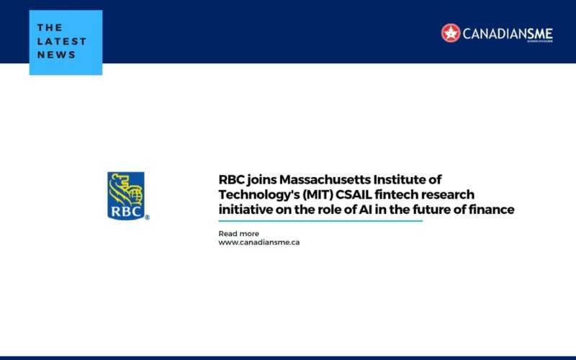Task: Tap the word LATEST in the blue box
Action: tap(61, 41)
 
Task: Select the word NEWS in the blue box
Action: tap(56, 55)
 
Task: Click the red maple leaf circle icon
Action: tap(451, 32)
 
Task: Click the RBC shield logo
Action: tap(126, 194)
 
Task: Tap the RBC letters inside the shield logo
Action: tap(125, 211)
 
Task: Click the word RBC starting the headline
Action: tap(232, 179)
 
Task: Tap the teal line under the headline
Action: tap(320, 221)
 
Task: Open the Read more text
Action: tap(238, 234)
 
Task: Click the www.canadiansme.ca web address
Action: tap(258, 243)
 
